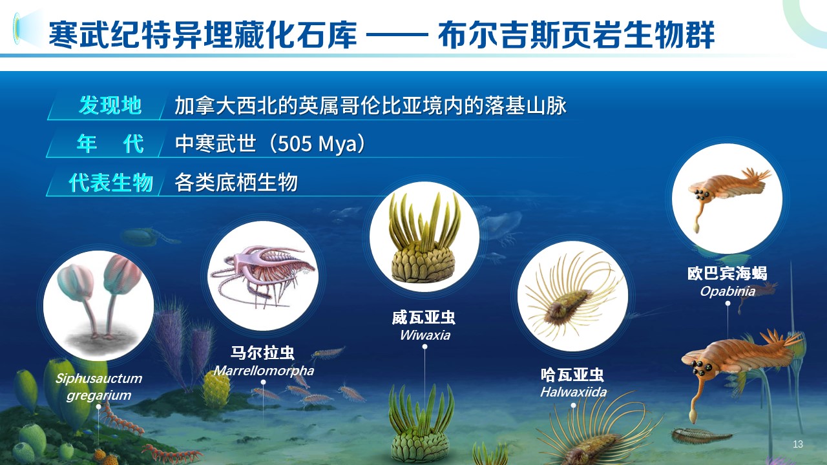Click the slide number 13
tap(797, 444)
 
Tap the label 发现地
tap(110, 105)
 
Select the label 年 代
tap(110, 143)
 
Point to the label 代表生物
tap(110, 183)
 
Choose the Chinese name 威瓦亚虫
tap(424, 318)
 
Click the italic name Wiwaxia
tap(424, 335)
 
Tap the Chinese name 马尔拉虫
tap(263, 353)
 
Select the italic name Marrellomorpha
tap(264, 371)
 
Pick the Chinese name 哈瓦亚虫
tap(572, 375)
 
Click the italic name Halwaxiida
tap(573, 392)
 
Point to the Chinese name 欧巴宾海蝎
tap(728, 273)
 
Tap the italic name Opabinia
tap(728, 291)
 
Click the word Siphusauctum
tap(99, 378)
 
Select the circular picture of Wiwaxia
tap(424, 236)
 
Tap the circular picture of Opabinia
tap(727, 198)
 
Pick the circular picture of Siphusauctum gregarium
tap(98, 306)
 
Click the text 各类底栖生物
tap(236, 183)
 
